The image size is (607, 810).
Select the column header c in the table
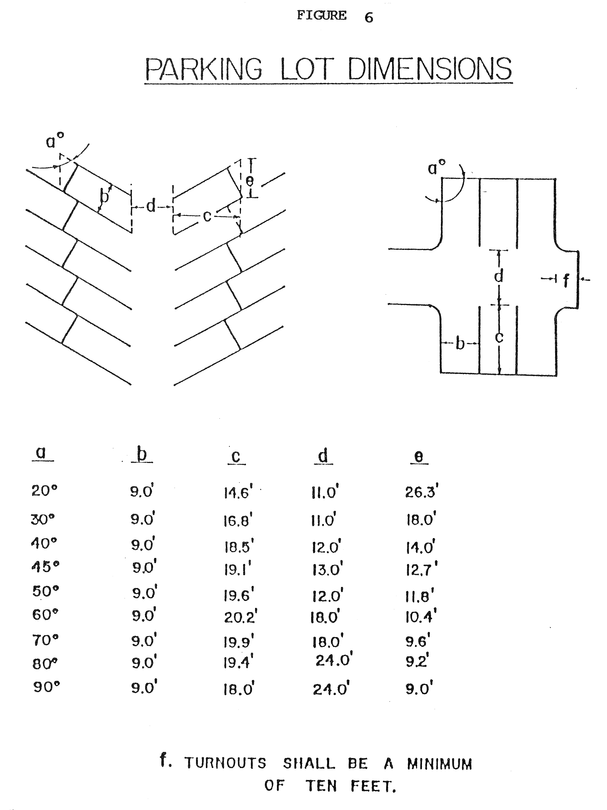click(236, 457)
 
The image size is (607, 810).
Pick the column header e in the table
click(419, 457)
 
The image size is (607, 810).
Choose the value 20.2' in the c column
click(240, 617)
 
